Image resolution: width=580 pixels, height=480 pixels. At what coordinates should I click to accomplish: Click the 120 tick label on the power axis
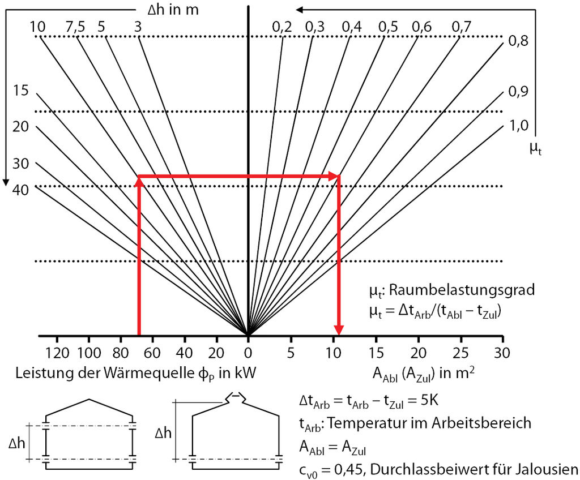[57, 353]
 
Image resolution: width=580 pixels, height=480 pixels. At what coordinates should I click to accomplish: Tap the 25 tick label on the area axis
[460, 353]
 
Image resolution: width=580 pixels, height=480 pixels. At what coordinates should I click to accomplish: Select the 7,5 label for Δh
[75, 27]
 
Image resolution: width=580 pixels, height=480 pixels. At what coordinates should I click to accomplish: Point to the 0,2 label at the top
[282, 27]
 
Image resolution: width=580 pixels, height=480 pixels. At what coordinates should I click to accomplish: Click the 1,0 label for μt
[519, 126]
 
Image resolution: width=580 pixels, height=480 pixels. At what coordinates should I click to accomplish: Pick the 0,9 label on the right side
[519, 91]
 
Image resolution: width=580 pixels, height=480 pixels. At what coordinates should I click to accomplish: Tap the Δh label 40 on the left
[20, 190]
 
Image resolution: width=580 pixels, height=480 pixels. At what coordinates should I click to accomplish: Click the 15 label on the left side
[20, 90]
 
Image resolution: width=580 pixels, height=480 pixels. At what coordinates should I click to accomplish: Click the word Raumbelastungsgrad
[462, 290]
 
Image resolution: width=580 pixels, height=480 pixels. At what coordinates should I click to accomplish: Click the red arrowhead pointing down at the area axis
[339, 330]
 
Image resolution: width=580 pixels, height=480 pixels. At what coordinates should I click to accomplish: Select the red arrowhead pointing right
[334, 177]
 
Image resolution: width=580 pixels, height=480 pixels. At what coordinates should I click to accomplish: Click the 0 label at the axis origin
[248, 353]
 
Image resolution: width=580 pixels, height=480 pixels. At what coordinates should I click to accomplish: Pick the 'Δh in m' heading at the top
[173, 10]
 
